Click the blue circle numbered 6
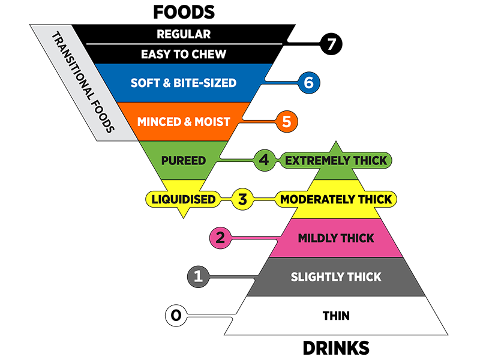[x=308, y=83]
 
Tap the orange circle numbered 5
[x=286, y=122]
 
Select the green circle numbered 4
[x=264, y=160]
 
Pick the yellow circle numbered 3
[x=242, y=199]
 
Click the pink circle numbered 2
[x=220, y=238]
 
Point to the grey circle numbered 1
[x=198, y=277]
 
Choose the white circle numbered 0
[x=176, y=315]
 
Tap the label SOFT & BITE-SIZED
[x=184, y=83]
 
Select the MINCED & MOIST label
[x=184, y=122]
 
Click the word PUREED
[x=184, y=161]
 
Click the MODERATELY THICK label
[x=336, y=199]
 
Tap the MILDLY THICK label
[x=336, y=238]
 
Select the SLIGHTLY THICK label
[x=336, y=277]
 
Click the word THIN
[x=336, y=316]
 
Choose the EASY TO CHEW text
[x=184, y=55]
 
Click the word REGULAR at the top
[x=184, y=34]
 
